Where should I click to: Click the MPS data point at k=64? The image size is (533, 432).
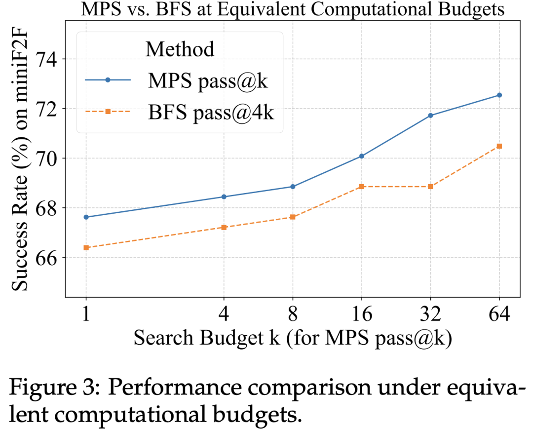(499, 95)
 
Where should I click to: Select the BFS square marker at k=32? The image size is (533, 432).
(430, 187)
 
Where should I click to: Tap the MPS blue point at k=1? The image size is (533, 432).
(86, 217)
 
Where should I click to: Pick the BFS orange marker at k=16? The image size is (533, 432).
(362, 187)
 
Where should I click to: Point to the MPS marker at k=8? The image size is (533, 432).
(293, 187)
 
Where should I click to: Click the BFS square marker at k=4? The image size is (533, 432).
(224, 227)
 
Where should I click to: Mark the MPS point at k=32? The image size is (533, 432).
(430, 116)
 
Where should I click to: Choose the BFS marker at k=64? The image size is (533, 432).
(499, 146)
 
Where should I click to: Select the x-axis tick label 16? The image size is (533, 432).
(362, 314)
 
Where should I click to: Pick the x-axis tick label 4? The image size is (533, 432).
(224, 314)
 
